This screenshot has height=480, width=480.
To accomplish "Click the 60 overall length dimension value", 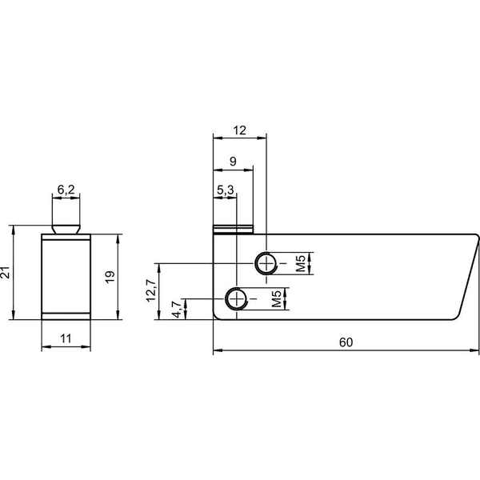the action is click(346, 342).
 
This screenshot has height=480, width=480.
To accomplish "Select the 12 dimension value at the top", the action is click(240, 130).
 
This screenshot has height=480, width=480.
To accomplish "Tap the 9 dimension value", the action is click(233, 161).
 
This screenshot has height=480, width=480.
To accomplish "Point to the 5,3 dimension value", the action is click(226, 190).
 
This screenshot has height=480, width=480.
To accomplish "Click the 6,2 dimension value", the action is click(66, 190).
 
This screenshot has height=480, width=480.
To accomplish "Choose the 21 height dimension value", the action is click(6, 272).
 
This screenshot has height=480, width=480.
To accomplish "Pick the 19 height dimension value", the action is click(110, 277).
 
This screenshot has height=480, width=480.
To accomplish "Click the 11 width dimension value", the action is click(66, 339).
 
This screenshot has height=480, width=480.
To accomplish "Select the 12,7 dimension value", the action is click(151, 291).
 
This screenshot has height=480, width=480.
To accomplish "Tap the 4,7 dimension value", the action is click(177, 310).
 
